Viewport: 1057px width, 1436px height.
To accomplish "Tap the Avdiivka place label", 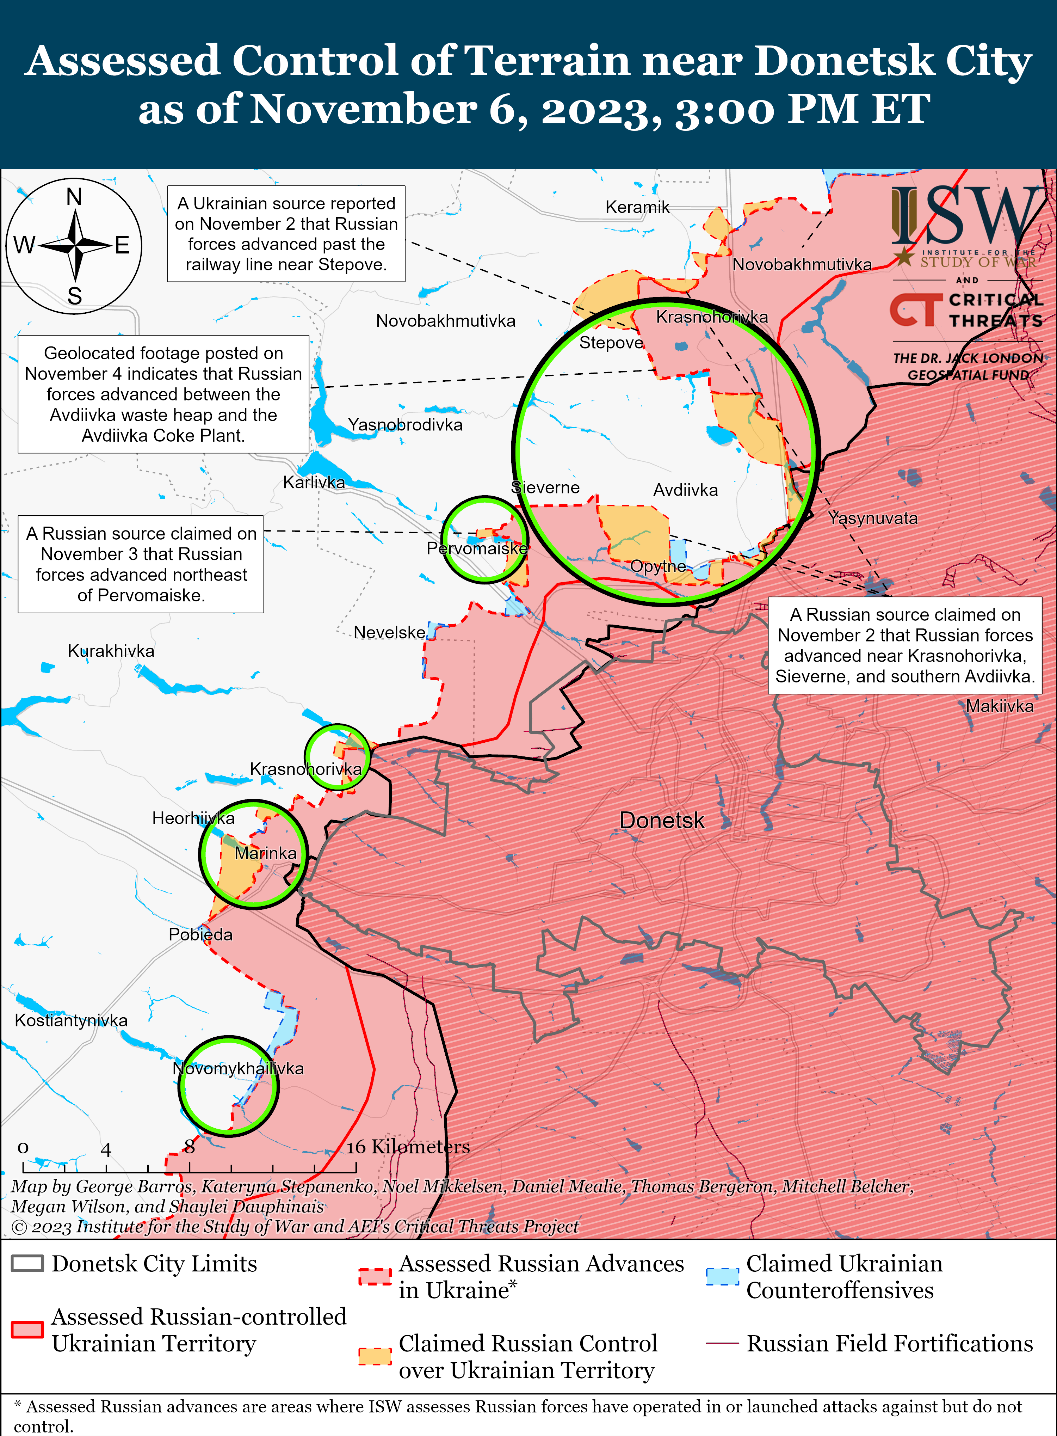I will [x=685, y=490].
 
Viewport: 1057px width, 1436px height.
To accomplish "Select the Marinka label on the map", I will [x=266, y=853].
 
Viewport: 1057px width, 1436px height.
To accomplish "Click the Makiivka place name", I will [x=1000, y=706].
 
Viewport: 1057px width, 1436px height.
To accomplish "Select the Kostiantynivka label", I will [x=71, y=1020].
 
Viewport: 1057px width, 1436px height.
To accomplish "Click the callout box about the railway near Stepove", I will [x=286, y=234].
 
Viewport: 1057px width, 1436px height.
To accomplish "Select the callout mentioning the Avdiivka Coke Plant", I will [x=163, y=394].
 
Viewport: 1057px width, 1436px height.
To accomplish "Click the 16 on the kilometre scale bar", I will [x=357, y=1147].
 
